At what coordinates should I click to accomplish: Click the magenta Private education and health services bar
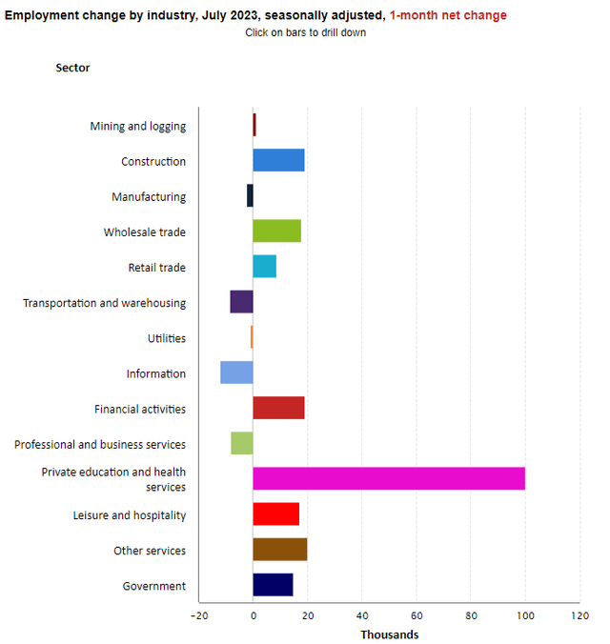(388, 478)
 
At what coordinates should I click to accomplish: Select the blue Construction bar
(278, 160)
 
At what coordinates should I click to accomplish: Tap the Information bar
(236, 372)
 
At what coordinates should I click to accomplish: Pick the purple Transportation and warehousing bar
(241, 302)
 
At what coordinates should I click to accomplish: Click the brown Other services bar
(279, 550)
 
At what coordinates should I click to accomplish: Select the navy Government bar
(273, 585)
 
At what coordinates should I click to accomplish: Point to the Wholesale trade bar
(276, 231)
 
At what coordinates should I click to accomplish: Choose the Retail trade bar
(264, 267)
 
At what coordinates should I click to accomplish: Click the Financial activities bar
(278, 408)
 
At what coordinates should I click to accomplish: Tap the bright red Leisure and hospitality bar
(275, 514)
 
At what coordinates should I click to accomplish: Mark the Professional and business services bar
(241, 443)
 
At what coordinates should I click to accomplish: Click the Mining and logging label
(137, 126)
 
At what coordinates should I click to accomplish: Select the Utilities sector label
(167, 338)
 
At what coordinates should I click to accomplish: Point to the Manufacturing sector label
(149, 196)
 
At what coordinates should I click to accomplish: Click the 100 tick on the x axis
(525, 616)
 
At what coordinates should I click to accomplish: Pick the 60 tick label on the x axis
(417, 616)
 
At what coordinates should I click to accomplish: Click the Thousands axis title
(389, 634)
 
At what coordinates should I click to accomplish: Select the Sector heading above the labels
(72, 68)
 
